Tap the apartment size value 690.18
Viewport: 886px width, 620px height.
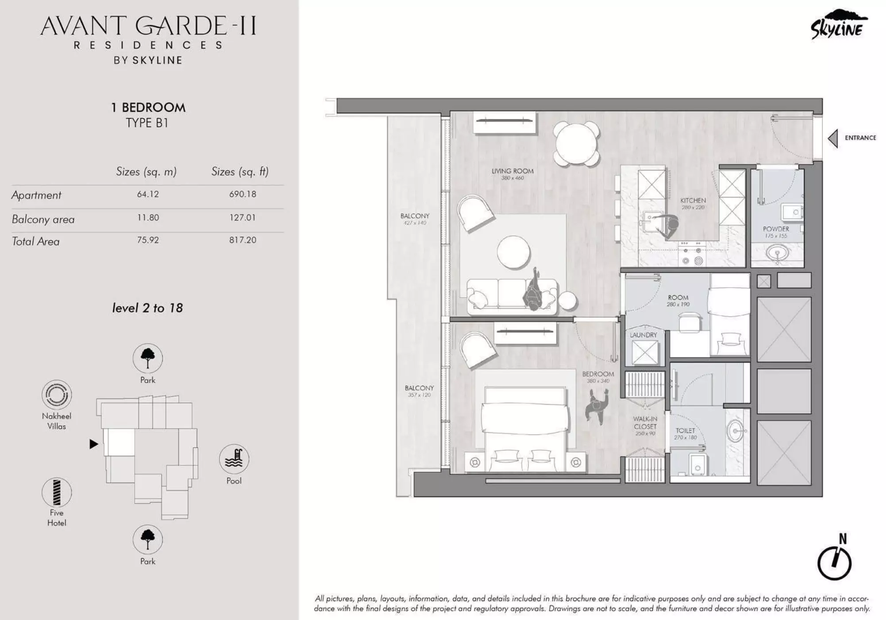click(x=243, y=194)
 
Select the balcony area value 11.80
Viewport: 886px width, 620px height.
click(x=148, y=217)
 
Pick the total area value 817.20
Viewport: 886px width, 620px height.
click(x=243, y=240)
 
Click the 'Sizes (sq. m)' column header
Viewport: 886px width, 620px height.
click(x=146, y=172)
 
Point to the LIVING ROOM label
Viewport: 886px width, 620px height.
click(x=512, y=171)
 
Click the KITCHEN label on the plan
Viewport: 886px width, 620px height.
click(x=693, y=201)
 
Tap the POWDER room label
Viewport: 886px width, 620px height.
click(x=776, y=229)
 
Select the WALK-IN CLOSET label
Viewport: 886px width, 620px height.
click(x=645, y=423)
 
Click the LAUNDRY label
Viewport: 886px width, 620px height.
click(x=643, y=335)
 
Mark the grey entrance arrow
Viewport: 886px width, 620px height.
click(x=833, y=138)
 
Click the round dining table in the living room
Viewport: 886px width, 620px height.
click(x=576, y=144)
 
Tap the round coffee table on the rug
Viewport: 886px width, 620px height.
click(x=513, y=252)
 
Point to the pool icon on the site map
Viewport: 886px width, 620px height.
click(x=234, y=459)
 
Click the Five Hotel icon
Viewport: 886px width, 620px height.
click(x=57, y=492)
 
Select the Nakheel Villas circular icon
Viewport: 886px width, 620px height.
click(x=57, y=394)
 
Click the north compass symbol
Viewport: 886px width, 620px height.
click(x=834, y=563)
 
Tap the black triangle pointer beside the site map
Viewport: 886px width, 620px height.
click(x=93, y=444)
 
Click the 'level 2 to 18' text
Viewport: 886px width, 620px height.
click(x=147, y=308)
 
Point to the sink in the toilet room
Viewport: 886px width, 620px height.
click(x=736, y=430)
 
